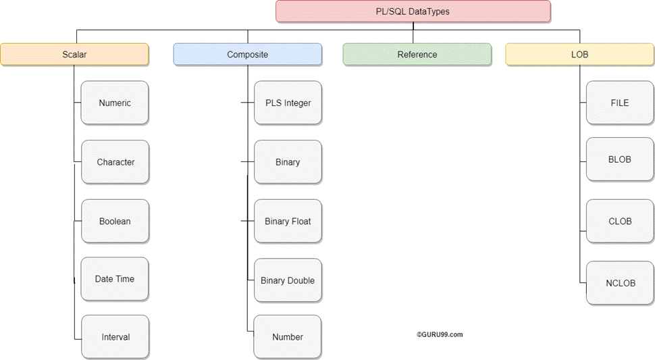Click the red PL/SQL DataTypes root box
[413, 11]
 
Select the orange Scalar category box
[74, 55]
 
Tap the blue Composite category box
[247, 55]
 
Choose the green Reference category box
[417, 55]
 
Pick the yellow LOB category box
[579, 55]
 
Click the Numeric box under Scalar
[115, 103]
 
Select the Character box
[115, 162]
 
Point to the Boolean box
[115, 222]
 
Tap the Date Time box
[115, 279]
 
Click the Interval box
[115, 337]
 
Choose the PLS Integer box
[288, 103]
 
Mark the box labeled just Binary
[288, 162]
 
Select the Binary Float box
[288, 222]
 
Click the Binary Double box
[288, 280]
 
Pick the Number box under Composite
[288, 337]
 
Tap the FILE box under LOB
[619, 103]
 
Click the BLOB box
[619, 159]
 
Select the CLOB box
[619, 222]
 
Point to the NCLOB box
[620, 283]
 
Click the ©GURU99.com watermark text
[440, 334]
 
